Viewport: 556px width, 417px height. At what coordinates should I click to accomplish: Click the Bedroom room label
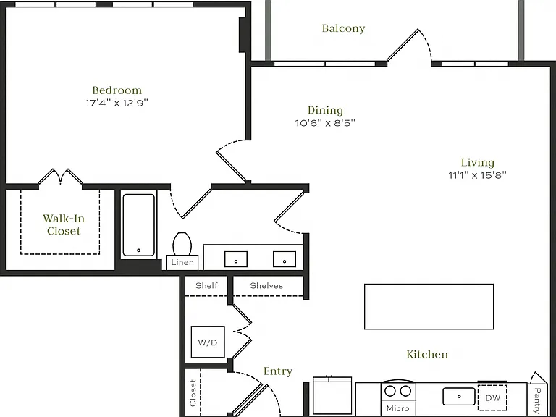pos(117,90)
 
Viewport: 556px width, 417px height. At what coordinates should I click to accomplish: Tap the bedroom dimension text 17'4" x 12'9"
pos(117,104)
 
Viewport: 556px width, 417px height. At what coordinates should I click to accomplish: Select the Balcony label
pos(343,28)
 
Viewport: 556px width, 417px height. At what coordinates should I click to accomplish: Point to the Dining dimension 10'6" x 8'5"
pos(325,123)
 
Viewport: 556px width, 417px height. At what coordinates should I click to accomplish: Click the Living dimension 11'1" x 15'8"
pos(478,175)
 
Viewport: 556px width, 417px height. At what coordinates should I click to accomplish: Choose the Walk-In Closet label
pos(64,224)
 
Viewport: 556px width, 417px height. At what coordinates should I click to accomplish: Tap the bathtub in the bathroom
pos(139,225)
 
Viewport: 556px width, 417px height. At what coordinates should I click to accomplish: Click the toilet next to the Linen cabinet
pos(182,243)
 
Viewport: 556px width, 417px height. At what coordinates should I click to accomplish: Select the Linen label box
pos(182,262)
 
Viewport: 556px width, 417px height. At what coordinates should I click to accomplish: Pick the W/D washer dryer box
pos(208,342)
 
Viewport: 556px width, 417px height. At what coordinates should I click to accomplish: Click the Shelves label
pos(266,286)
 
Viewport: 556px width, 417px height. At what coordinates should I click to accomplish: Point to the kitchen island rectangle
pos(429,307)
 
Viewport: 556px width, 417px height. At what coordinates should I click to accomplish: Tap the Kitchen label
pos(427,354)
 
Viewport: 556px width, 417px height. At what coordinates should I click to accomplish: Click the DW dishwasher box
pos(492,397)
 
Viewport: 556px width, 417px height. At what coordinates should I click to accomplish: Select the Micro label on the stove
pos(398,408)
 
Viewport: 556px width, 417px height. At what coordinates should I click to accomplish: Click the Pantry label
pos(537,400)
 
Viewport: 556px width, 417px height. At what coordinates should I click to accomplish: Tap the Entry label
pos(278,371)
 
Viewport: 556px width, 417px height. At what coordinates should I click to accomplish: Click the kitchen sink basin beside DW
pos(459,397)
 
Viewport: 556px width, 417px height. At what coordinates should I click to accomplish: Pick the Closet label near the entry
pos(193,393)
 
